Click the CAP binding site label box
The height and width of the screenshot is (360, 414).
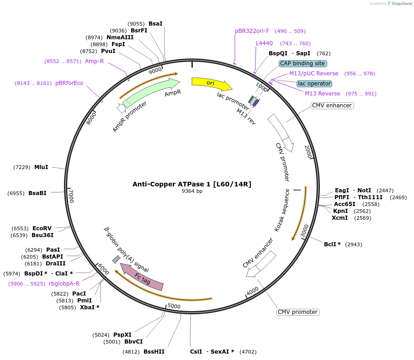tap(303, 64)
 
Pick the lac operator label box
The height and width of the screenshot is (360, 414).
tap(314, 84)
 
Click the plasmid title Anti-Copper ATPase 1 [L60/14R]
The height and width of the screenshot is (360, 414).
tap(192, 184)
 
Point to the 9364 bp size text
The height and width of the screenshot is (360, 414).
tap(192, 191)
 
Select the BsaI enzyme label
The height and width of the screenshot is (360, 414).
tap(155, 24)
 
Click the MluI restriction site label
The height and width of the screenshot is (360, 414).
tap(41, 167)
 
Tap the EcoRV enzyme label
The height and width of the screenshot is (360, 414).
tap(42, 228)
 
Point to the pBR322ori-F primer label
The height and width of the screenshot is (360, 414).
tap(252, 31)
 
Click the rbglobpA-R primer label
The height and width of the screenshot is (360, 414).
tap(64, 284)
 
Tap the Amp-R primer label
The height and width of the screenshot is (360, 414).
tap(95, 61)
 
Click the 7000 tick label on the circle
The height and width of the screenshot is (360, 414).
tap(71, 196)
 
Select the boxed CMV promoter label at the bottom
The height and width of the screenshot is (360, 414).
tap(297, 312)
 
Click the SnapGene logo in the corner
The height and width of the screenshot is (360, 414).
tap(399, 4)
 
